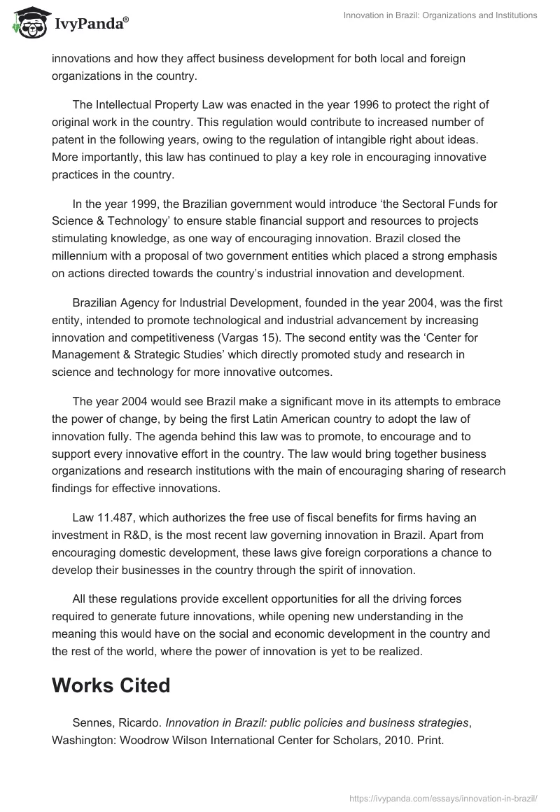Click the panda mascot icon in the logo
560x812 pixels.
coord(27,23)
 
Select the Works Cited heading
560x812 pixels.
coord(111,685)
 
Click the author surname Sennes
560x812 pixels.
coord(92,722)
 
